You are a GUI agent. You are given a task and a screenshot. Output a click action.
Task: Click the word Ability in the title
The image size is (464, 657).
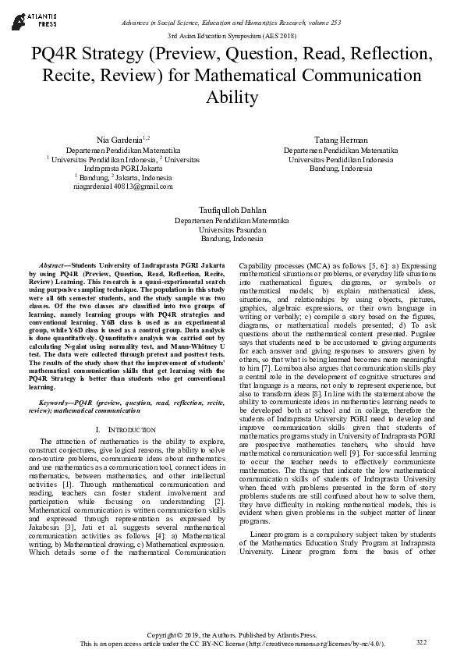[232, 98]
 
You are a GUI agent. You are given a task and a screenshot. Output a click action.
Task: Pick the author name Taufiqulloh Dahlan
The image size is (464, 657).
[232, 210]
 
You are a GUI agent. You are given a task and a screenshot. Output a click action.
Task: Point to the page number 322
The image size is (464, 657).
[422, 641]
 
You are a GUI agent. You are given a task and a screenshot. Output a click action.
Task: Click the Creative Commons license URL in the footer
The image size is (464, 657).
[313, 645]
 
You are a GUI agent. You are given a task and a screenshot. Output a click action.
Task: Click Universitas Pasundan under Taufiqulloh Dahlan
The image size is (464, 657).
[232, 230]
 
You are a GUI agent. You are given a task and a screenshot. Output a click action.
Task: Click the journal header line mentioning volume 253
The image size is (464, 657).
[232, 23]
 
